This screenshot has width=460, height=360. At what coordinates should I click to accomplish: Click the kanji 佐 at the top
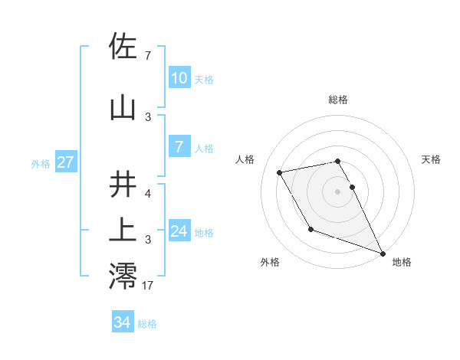(x=124, y=46)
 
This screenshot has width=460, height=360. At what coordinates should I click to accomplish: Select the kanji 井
(x=124, y=185)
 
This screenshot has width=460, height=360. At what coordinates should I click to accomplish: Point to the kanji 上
(x=124, y=230)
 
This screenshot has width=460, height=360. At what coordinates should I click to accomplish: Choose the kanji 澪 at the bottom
(x=124, y=276)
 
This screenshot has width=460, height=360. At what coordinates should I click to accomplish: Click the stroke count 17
(x=148, y=286)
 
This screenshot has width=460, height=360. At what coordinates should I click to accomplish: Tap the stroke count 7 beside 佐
(x=148, y=56)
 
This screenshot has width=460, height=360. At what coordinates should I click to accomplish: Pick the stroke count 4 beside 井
(x=148, y=194)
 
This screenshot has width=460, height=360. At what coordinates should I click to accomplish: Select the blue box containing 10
(x=179, y=78)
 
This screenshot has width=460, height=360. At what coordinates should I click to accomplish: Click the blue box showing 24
(x=179, y=231)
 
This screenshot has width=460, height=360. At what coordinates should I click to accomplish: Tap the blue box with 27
(x=65, y=162)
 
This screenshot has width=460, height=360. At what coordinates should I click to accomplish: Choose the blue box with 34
(x=122, y=322)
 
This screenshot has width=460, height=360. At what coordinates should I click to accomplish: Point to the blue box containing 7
(x=179, y=147)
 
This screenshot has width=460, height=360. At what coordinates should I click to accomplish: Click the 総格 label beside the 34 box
(x=148, y=324)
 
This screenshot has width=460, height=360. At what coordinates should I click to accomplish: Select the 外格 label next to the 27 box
(x=41, y=163)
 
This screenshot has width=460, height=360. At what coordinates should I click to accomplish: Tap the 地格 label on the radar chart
(x=402, y=263)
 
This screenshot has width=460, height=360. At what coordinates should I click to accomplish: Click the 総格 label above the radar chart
(x=338, y=100)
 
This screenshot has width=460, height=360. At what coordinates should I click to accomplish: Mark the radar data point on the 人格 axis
(x=280, y=173)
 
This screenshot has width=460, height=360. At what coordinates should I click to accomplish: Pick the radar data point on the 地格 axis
(x=383, y=254)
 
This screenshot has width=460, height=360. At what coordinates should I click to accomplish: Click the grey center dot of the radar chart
(x=338, y=191)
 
